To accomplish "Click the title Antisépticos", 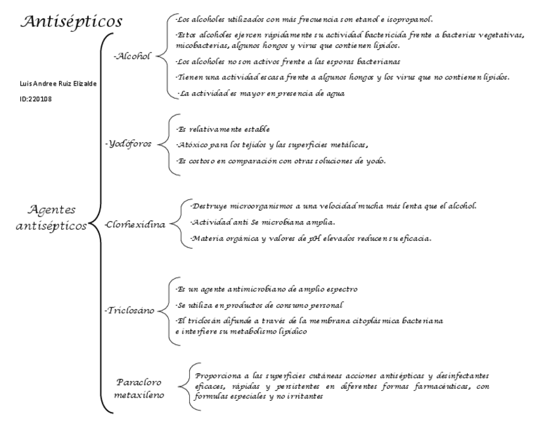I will pos(72,21).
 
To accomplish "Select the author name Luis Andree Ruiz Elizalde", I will pos(59,84).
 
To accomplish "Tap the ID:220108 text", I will pos(36,99).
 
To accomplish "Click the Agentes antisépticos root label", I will pos(52,217).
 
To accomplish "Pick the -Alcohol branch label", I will pos(133,57).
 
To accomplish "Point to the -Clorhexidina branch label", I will pos(135,224).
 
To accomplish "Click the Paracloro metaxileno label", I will pos(139,388).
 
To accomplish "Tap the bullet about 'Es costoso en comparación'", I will pos(281,161).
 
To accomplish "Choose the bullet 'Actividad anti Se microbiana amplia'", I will pos(263,222).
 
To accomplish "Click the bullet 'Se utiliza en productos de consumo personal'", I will pos(259,305).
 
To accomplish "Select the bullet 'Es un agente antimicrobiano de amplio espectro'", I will pos(267,289).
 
